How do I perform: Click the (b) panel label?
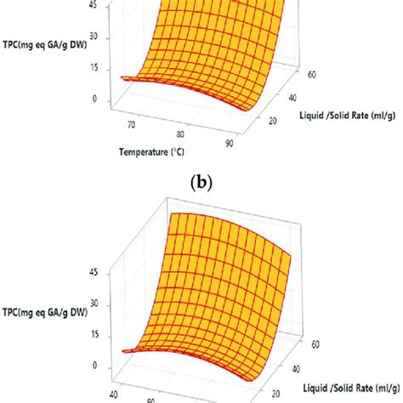tap(201, 181)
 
